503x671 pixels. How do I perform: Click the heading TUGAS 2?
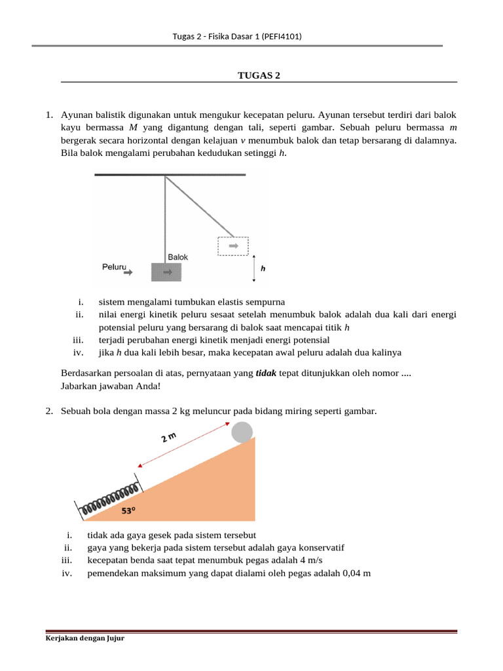coord(258,75)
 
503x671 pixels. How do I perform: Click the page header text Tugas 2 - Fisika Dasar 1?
coord(236,37)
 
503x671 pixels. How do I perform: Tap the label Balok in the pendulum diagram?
coord(177,257)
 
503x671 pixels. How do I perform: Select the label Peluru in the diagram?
coord(114,267)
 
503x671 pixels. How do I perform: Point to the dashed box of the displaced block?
coord(233,246)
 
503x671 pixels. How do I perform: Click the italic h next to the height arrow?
coord(263,269)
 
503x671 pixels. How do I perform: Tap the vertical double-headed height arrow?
coord(253,269)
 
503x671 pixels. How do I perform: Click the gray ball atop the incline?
coord(242,432)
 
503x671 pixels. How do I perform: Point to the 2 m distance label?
coord(170,437)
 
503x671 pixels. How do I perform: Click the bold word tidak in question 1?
coord(266,373)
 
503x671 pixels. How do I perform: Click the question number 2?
coord(49,411)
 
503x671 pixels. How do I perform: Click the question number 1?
coord(49,115)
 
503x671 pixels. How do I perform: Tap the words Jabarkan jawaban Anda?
coord(109,385)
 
